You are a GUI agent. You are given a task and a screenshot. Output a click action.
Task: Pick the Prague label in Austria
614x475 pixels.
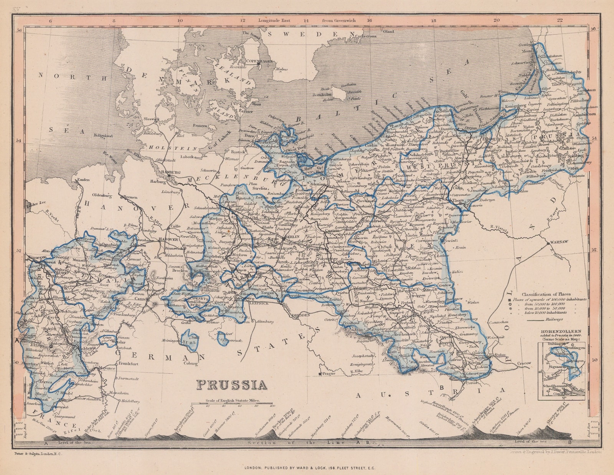328,373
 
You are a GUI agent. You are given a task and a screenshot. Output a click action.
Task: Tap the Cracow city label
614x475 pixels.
524,363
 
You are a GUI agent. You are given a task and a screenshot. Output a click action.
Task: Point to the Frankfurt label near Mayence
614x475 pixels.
128,363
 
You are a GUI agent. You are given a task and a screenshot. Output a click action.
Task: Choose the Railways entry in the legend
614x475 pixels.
555,319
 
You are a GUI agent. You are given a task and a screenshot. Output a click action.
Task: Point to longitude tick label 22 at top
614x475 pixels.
560,20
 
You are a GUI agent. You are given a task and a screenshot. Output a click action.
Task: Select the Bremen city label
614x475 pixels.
130,197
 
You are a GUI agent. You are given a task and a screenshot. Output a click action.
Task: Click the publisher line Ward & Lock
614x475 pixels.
307,468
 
